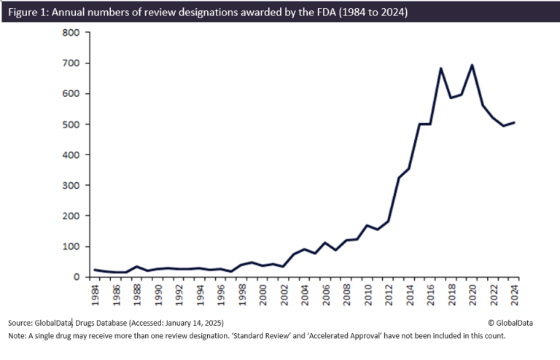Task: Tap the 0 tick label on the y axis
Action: tap(75, 278)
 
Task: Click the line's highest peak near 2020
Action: tap(472, 65)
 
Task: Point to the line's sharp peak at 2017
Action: tap(441, 69)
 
